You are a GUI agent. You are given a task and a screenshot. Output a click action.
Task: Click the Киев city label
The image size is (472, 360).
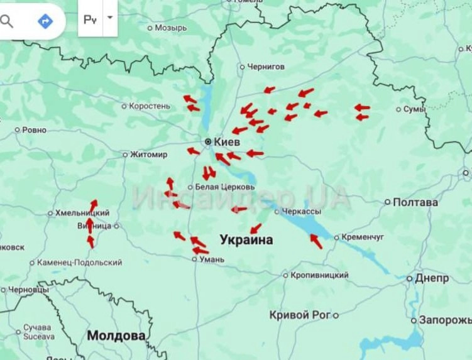226,142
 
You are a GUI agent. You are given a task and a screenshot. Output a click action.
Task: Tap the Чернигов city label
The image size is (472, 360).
265,66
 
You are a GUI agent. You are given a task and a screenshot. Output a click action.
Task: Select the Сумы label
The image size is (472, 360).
414,109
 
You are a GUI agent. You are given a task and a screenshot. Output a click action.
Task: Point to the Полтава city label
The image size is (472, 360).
415,202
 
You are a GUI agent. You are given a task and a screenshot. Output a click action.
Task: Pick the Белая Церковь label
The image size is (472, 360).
224,187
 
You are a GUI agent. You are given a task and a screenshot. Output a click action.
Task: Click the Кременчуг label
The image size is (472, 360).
363,237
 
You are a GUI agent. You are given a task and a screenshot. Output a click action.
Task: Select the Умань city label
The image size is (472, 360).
211,259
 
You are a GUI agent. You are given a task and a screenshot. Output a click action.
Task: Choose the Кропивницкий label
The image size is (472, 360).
319,275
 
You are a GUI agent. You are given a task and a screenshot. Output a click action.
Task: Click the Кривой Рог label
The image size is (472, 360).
299,315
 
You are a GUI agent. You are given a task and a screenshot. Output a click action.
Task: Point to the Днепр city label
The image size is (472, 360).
432,278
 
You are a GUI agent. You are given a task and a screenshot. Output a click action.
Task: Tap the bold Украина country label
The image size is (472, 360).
246,240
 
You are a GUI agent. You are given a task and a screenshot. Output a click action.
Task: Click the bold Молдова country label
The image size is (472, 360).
116,335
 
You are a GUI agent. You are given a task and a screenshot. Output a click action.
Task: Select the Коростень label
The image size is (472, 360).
149,106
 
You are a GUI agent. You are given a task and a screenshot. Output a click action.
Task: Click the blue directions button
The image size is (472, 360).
45,21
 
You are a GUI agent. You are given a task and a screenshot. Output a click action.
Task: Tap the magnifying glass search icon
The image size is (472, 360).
7,21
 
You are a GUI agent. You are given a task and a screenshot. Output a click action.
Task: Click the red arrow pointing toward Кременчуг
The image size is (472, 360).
316,241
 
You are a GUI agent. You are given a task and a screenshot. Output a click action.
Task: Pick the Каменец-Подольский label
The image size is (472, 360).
79,262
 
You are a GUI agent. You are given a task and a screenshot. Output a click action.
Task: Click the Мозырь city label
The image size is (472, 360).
170,28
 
